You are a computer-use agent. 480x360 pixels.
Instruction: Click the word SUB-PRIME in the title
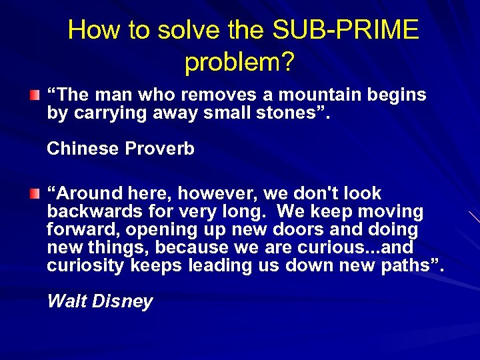coord(345,30)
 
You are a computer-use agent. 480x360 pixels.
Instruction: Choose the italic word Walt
coord(66,301)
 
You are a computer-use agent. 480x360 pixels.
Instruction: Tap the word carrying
coord(107,113)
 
